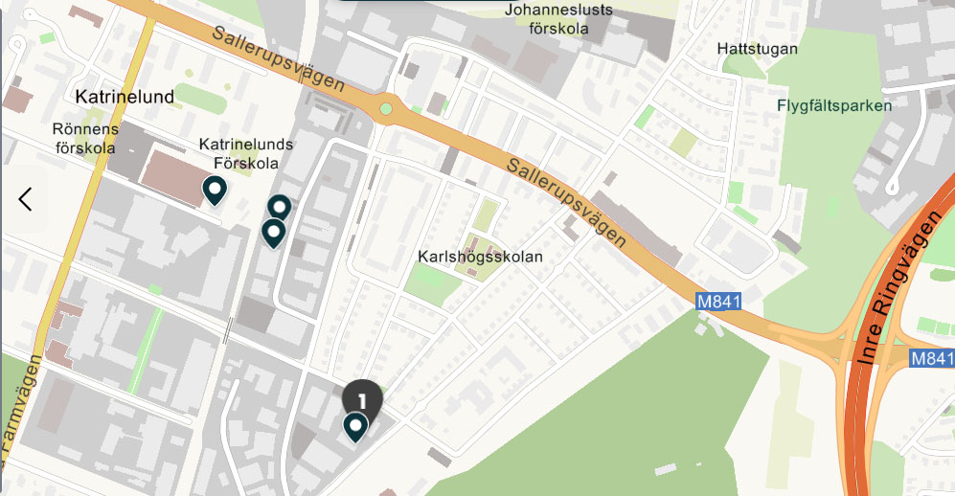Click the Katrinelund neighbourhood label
(x=125, y=97)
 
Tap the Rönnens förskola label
(x=85, y=138)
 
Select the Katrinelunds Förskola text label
(x=245, y=153)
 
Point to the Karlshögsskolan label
(x=480, y=257)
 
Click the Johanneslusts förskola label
(x=558, y=19)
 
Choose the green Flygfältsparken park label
(x=834, y=105)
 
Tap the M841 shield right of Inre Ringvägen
(x=930, y=358)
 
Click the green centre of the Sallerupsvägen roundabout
(x=386, y=108)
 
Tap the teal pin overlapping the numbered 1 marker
(x=355, y=425)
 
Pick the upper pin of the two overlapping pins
(x=279, y=207)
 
